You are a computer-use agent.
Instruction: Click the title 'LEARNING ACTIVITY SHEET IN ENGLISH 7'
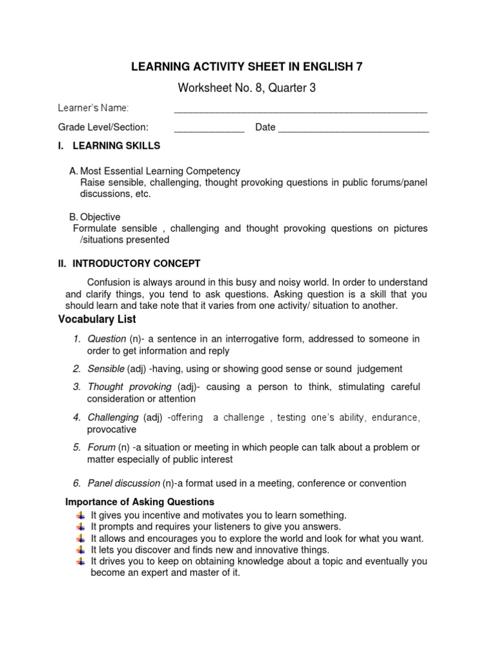pyautogui.click(x=247, y=66)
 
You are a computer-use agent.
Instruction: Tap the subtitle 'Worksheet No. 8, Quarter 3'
pyautogui.click(x=247, y=88)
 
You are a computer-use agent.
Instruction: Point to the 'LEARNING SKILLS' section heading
pyautogui.click(x=116, y=146)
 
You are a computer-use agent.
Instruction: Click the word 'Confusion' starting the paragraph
pyautogui.click(x=108, y=283)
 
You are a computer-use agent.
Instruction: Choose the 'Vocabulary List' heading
pyautogui.click(x=97, y=319)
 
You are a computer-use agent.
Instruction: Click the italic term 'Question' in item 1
pyautogui.click(x=107, y=339)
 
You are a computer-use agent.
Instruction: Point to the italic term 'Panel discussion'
pyautogui.click(x=123, y=483)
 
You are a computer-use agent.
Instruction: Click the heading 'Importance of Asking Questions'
pyautogui.click(x=140, y=501)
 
